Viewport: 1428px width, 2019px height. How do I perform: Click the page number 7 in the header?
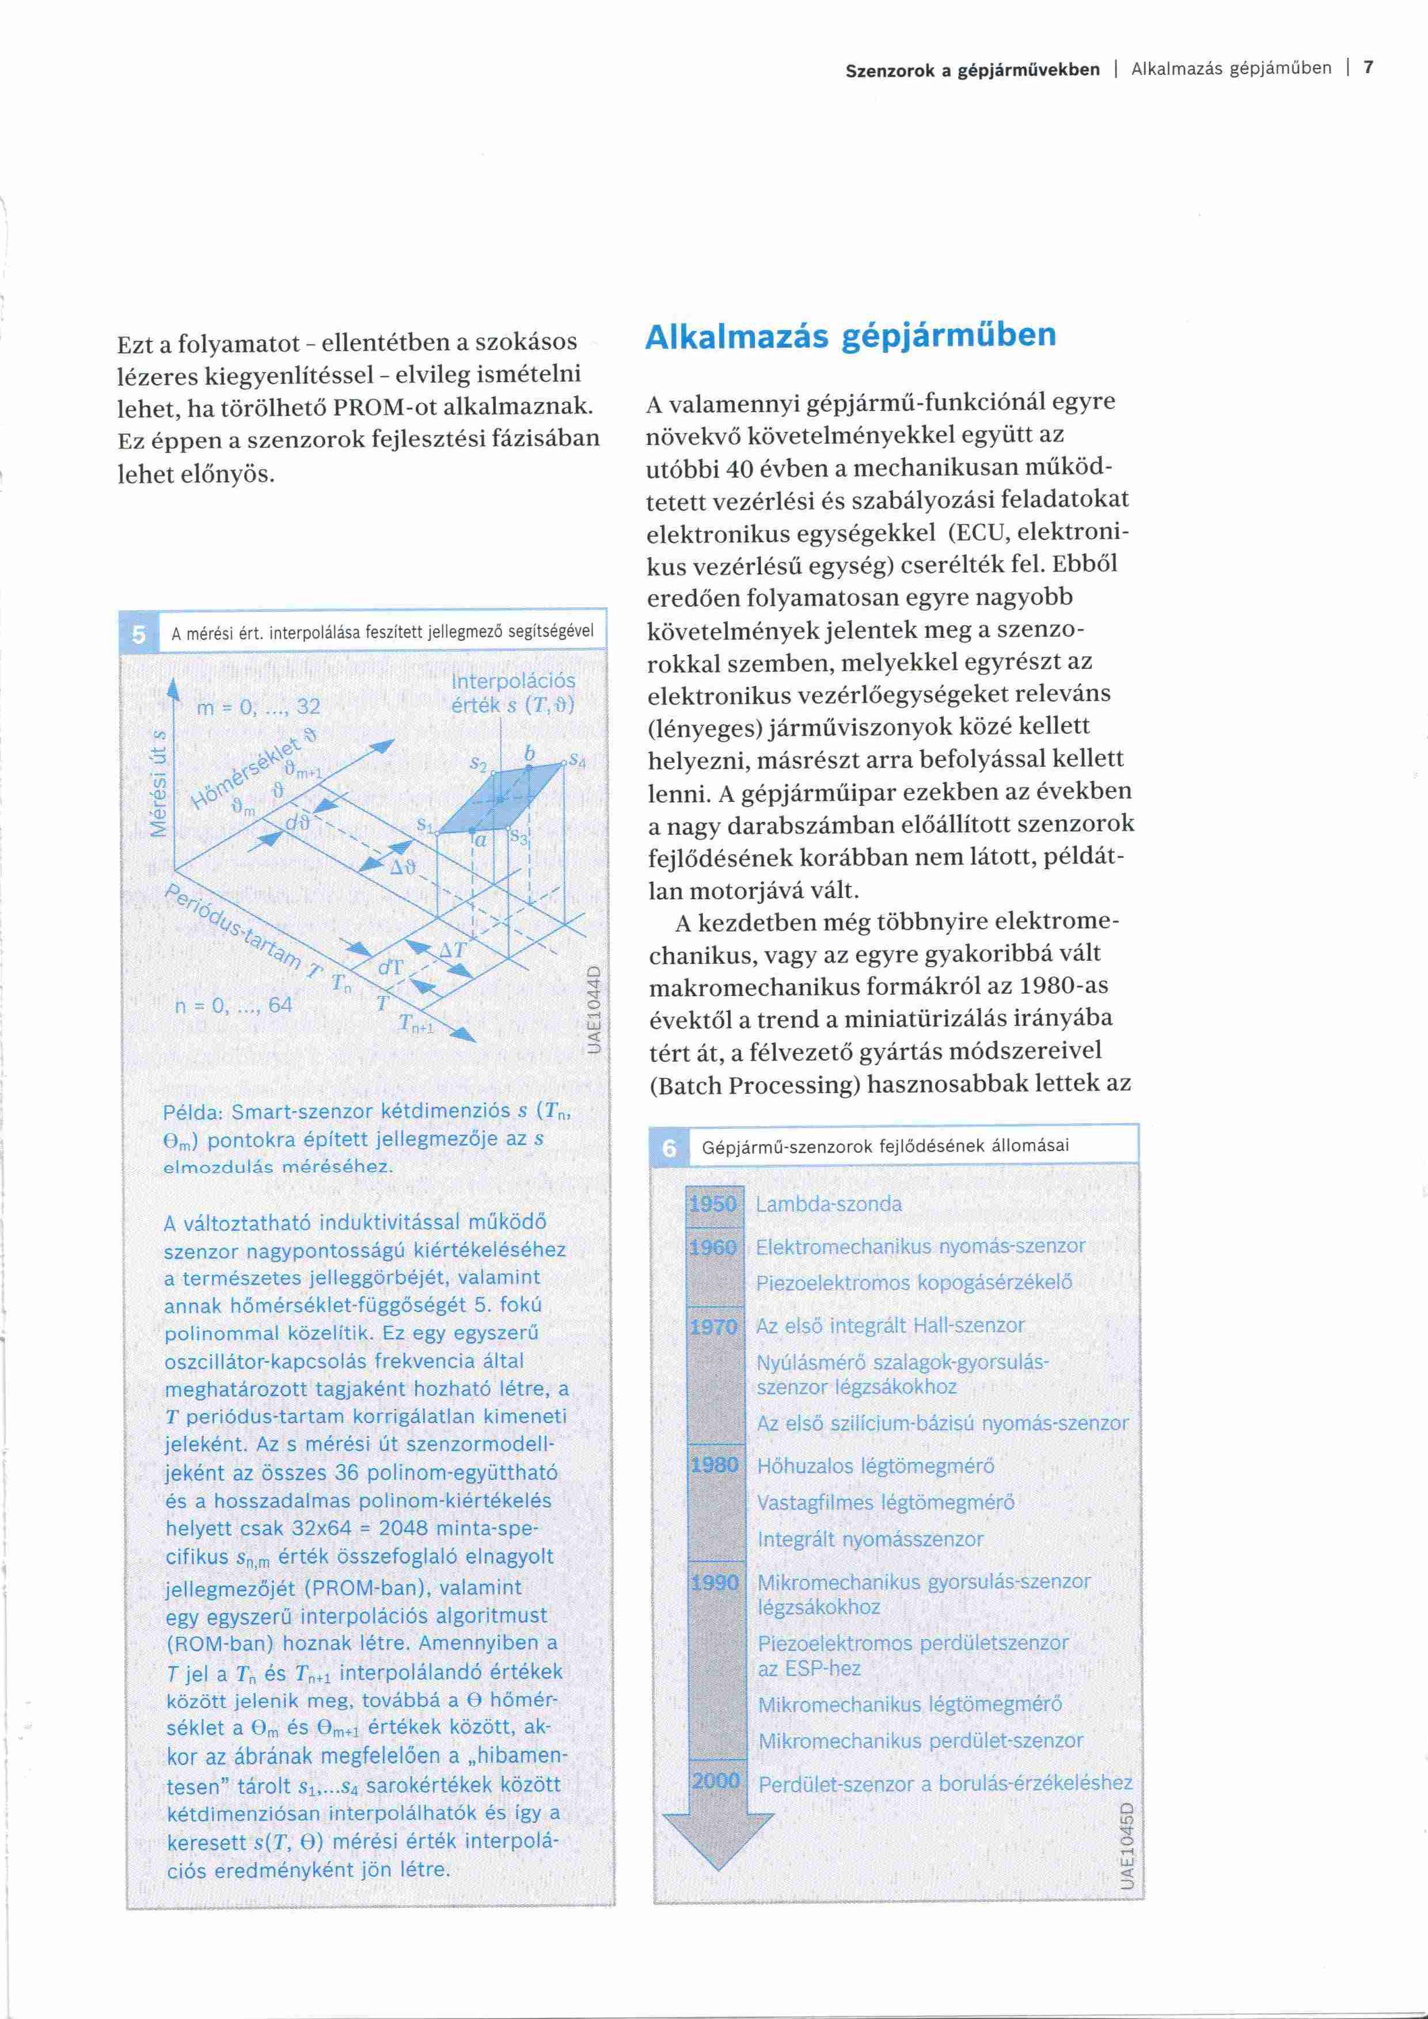pyautogui.click(x=1368, y=68)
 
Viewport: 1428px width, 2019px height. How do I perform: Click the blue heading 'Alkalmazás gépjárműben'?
pyautogui.click(x=850, y=336)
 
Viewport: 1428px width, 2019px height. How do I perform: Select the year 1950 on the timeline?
pyautogui.click(x=713, y=1204)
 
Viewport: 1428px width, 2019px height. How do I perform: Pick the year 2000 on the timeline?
pyautogui.click(x=716, y=1781)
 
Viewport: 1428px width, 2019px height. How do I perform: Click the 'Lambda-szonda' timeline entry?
pyautogui.click(x=829, y=1204)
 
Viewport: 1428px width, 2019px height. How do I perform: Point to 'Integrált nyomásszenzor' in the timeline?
pyautogui.click(x=869, y=1539)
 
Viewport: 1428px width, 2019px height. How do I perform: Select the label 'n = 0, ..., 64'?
pyautogui.click(x=233, y=1004)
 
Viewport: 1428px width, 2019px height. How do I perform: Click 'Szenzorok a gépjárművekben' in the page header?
pyautogui.click(x=971, y=70)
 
